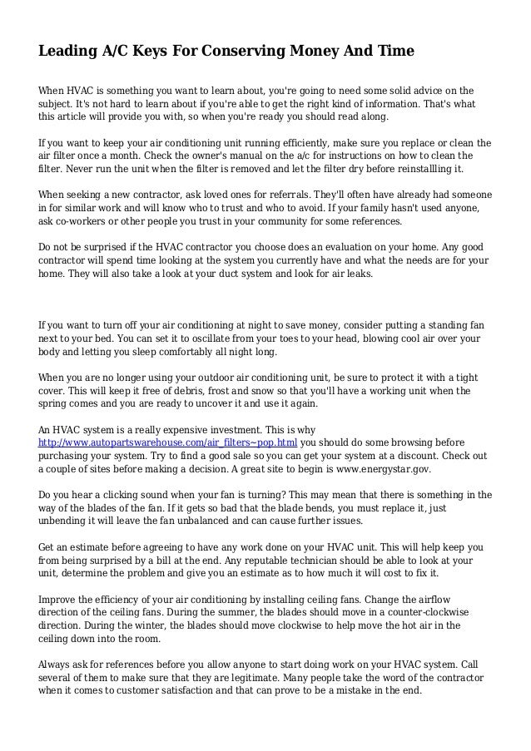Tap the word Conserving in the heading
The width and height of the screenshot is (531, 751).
click(x=245, y=52)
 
